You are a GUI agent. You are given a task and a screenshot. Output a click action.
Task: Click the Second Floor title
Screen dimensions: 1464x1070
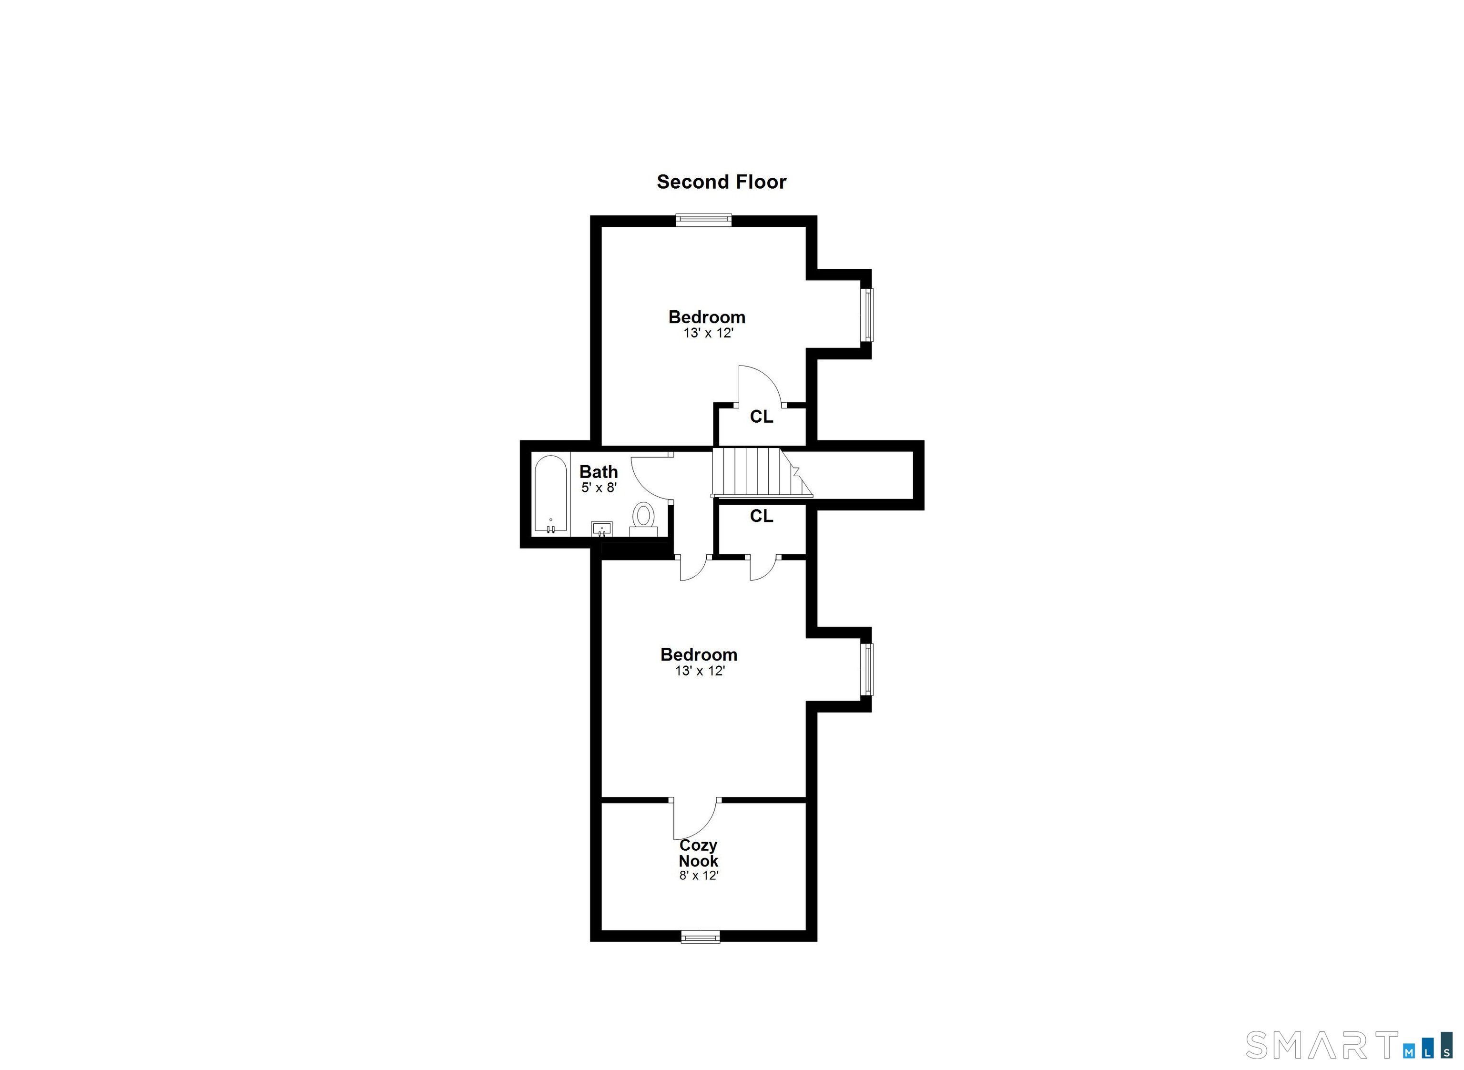[x=722, y=182]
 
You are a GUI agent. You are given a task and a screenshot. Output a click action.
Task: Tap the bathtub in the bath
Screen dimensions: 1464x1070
[x=551, y=495]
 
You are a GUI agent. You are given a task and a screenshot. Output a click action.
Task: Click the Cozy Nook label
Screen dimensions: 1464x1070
[x=698, y=853]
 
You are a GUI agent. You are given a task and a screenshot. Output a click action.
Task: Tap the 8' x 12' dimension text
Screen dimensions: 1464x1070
[x=699, y=875]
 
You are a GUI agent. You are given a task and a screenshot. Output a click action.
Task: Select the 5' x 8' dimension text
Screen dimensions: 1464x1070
[x=598, y=488]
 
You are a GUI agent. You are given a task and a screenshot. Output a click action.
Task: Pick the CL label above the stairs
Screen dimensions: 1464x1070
[x=762, y=417]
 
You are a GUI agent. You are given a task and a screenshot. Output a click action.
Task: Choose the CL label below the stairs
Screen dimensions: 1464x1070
[x=762, y=516]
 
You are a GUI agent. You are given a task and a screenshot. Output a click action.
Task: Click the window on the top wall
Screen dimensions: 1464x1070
[x=704, y=220]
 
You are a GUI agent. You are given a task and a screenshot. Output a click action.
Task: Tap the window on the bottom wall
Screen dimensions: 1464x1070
[x=701, y=937]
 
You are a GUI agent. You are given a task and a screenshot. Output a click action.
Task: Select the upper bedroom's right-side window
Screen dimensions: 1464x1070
[x=866, y=315]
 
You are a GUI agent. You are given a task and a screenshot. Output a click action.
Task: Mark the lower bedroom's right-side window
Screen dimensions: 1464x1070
[x=866, y=670]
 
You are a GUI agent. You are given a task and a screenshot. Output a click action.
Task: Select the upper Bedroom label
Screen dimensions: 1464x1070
[x=707, y=317]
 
